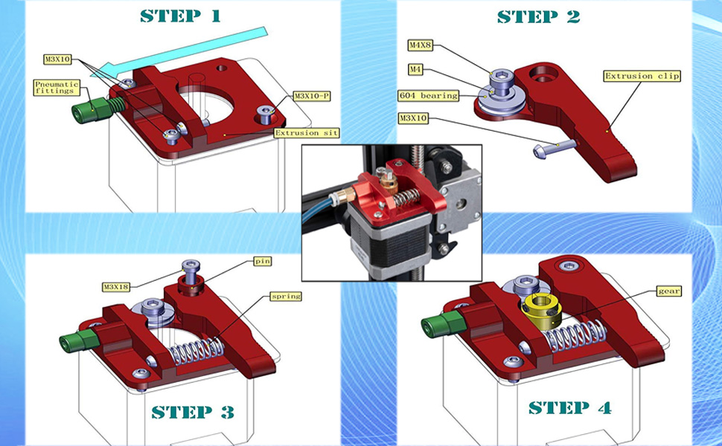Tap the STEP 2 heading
pos(538,16)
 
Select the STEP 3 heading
pos(193,411)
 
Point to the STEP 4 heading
pos(570,407)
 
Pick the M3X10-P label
pos(312,96)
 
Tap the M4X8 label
pos(421,45)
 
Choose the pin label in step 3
pos(262,262)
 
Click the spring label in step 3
pos(286,296)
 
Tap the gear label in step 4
pos(669,291)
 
